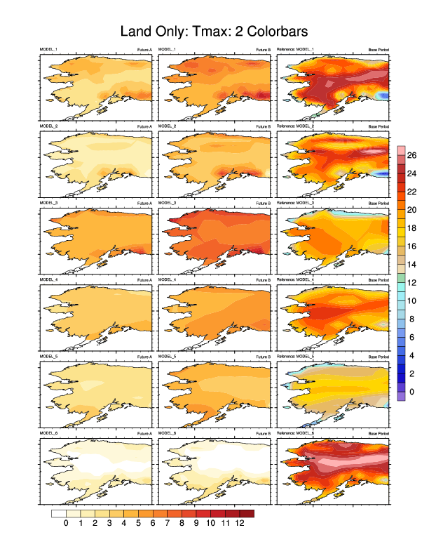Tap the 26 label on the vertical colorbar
413,155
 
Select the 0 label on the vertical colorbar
411,391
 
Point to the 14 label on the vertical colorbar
413,264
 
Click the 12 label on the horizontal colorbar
240,523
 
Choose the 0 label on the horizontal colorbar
66,523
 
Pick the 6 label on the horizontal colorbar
153,523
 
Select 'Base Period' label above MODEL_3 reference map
379,203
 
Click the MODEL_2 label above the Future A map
49,126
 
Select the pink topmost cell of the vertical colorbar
401,150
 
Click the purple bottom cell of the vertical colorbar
401,396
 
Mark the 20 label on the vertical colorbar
413,210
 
